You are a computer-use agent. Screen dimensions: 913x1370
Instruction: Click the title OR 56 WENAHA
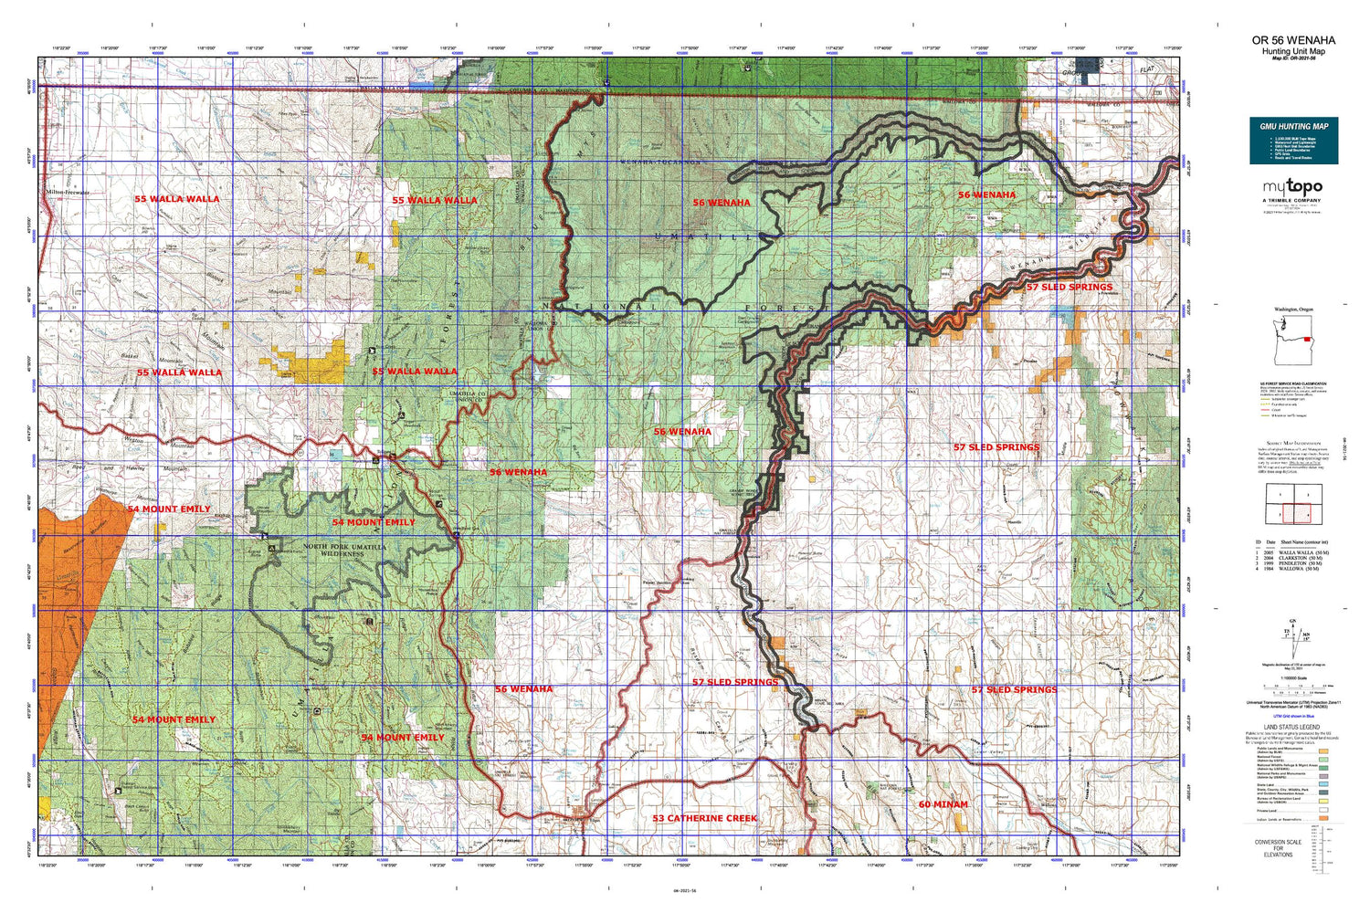tap(1293, 40)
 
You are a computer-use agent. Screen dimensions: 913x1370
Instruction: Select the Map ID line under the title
tap(1293, 59)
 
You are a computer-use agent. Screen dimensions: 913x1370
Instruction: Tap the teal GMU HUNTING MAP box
tap(1293, 141)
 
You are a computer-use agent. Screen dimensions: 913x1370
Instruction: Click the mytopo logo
tap(1292, 187)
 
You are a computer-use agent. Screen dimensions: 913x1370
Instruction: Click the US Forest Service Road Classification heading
tap(1293, 383)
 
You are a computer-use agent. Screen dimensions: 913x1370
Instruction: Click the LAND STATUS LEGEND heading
tap(1291, 728)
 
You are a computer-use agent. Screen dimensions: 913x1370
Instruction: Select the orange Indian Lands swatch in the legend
tap(1323, 820)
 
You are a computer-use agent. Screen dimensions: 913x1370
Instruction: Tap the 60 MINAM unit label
tap(943, 804)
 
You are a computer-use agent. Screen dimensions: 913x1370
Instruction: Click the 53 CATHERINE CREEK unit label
tap(704, 818)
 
